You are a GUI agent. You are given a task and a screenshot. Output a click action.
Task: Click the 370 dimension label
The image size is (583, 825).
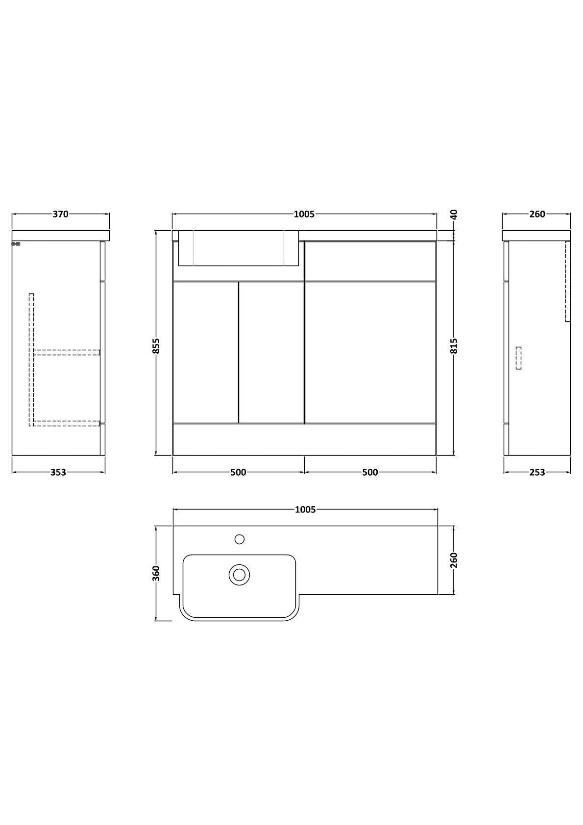[x=60, y=214]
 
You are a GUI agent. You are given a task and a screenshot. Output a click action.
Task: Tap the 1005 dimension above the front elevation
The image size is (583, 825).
[x=304, y=214]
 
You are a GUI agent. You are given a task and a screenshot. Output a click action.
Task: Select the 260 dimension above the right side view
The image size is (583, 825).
[x=537, y=214]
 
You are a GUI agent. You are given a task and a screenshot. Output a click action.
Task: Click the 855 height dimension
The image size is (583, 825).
[x=156, y=346]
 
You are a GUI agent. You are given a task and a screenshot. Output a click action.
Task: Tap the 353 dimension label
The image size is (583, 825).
[x=58, y=472]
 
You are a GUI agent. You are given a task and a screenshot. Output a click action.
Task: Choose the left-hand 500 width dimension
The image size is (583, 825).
[x=238, y=472]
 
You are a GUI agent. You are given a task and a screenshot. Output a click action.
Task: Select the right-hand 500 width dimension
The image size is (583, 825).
[x=370, y=472]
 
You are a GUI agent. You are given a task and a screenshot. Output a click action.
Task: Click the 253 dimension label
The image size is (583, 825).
[x=537, y=472]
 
